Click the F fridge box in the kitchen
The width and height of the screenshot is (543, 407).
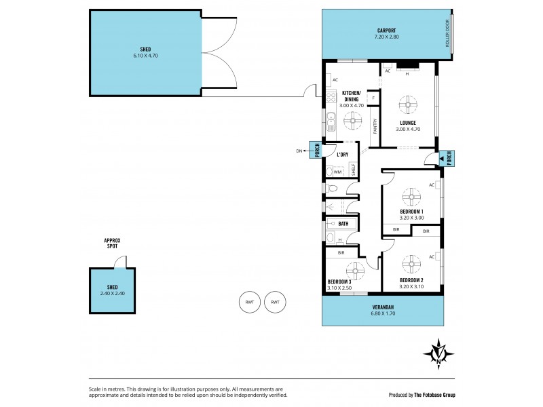(x=373, y=99)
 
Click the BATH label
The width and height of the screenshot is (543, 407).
(x=343, y=223)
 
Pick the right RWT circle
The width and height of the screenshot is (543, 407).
(x=275, y=302)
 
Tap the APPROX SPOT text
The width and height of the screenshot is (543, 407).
(x=111, y=244)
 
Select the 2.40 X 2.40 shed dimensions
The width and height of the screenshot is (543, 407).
(x=113, y=293)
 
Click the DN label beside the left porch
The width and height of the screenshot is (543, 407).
(x=299, y=151)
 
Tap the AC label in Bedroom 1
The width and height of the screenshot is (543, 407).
(x=432, y=185)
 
